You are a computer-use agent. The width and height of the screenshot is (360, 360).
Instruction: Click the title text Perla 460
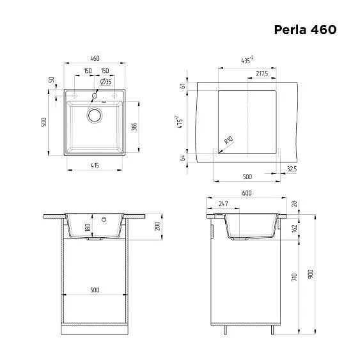point(305,29)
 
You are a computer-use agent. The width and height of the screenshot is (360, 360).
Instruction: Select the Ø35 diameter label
point(106,82)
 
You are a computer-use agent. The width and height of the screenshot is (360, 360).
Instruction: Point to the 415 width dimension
point(95,166)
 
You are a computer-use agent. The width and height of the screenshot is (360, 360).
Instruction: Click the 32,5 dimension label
point(292,169)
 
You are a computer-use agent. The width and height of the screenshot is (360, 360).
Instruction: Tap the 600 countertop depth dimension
point(246,192)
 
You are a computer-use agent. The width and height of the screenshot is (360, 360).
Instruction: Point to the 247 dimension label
point(223,203)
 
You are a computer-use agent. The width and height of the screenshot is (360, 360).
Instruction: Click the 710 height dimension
point(293,278)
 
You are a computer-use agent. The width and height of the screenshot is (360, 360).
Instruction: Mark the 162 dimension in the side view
point(293,228)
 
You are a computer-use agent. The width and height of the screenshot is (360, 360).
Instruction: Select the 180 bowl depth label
point(88,228)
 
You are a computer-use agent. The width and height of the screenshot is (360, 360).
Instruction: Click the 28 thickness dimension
point(293,204)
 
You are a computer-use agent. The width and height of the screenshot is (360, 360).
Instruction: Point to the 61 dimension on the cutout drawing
point(183,86)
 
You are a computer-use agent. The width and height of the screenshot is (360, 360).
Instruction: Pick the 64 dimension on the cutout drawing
point(183,158)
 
